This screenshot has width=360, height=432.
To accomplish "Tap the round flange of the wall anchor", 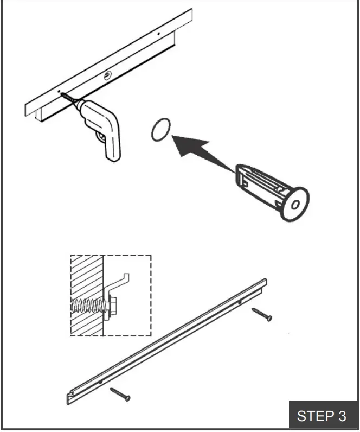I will (294, 204).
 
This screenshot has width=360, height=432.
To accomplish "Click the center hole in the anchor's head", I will (295, 205).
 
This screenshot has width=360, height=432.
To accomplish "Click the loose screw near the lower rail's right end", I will (261, 315).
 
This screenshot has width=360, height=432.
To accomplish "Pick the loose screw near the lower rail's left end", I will (120, 394).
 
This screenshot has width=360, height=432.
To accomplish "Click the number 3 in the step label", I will (342, 416).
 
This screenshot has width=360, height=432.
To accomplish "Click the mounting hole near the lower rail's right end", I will (240, 302).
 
